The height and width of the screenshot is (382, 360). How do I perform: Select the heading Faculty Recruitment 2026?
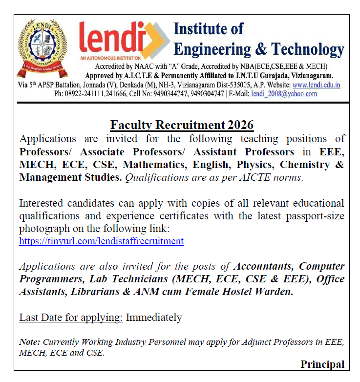click(182, 125)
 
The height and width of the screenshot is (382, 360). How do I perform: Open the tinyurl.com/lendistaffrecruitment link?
click(101, 241)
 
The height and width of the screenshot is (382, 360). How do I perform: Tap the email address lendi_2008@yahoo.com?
click(284, 93)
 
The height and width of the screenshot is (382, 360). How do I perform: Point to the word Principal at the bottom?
click(322, 364)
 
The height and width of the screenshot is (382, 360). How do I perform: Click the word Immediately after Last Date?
click(154, 318)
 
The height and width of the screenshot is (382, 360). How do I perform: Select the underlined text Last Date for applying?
click(71, 318)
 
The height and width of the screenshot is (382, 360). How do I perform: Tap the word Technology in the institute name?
click(308, 49)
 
